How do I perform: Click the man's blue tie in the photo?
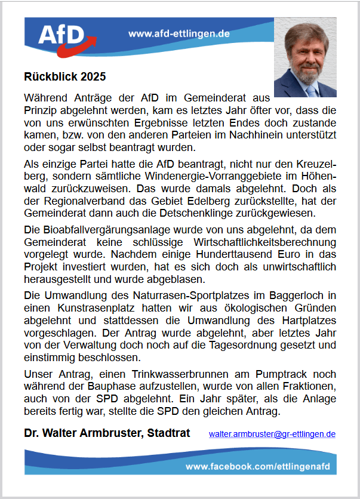coord(310,90)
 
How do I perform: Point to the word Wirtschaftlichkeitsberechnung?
coord(261,242)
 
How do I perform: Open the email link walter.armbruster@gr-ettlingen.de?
coord(272,434)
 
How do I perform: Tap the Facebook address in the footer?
coord(258,465)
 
